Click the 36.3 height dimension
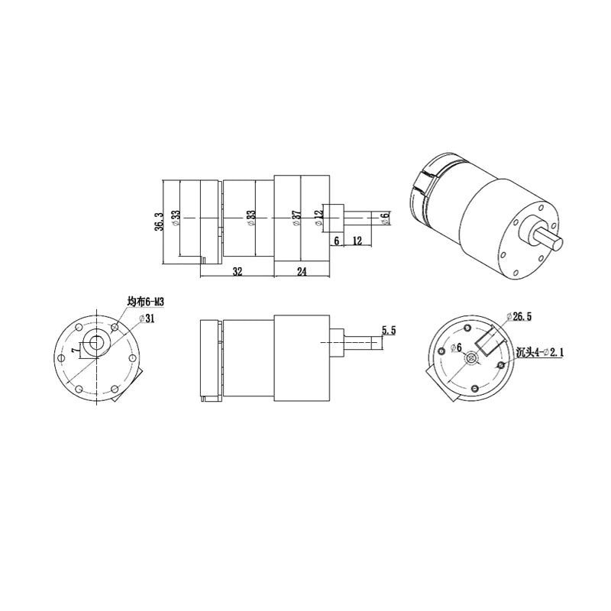pyautogui.click(x=159, y=221)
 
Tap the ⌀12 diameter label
pyautogui.click(x=318, y=218)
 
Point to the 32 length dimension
pyautogui.click(x=238, y=270)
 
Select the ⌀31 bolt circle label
pyautogui.click(x=145, y=318)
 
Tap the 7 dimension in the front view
pyautogui.click(x=74, y=350)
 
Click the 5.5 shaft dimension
pyautogui.click(x=387, y=331)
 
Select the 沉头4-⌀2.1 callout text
pyautogui.click(x=541, y=352)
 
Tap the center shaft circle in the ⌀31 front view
pyautogui.click(x=95, y=343)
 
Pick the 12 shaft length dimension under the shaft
pyautogui.click(x=357, y=241)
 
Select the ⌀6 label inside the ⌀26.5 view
pyautogui.click(x=455, y=348)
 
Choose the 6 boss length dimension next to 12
pyautogui.click(x=336, y=241)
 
